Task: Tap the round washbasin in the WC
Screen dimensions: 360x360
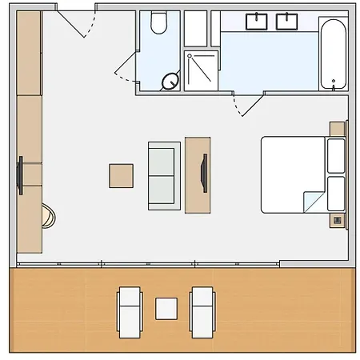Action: tap(170, 80)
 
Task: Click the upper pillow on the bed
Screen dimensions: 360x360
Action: tap(335, 155)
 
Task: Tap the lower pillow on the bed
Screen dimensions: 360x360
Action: tap(335, 194)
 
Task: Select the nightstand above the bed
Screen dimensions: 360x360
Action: tap(337, 129)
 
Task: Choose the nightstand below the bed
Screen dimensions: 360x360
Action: tap(338, 219)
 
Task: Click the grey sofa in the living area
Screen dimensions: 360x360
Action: tap(163, 175)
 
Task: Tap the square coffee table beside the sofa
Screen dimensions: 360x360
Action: tap(122, 175)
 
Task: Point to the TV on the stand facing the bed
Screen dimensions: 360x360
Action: tap(206, 174)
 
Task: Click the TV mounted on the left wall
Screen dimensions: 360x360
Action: tap(19, 177)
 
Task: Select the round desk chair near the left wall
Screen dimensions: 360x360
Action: tap(49, 214)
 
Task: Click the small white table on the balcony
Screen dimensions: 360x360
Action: tap(166, 307)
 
